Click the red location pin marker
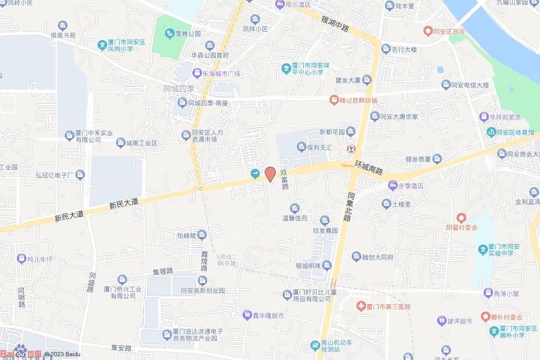(270, 174)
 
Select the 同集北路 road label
(350, 206)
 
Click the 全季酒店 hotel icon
(392, 186)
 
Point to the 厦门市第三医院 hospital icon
(361, 306)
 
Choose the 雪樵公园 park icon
(170, 34)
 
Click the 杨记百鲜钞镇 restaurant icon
(334, 100)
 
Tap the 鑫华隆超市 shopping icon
(246, 315)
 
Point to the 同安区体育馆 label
(515, 132)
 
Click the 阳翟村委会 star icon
(461, 217)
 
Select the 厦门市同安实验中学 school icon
(483, 249)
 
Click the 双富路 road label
(284, 179)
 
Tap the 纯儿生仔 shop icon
(21, 259)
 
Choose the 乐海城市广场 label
(222, 74)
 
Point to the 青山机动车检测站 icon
(315, 345)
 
